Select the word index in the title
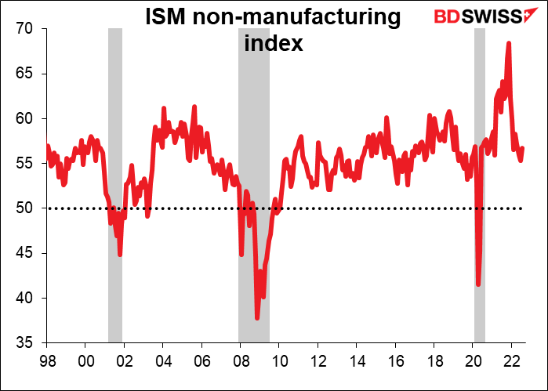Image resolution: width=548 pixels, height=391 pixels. pos(274,43)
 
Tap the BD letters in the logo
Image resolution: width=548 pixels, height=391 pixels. pos(445,17)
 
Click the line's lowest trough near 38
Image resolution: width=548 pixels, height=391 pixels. pos(257,317)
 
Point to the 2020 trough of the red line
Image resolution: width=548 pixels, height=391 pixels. pos(478,284)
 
